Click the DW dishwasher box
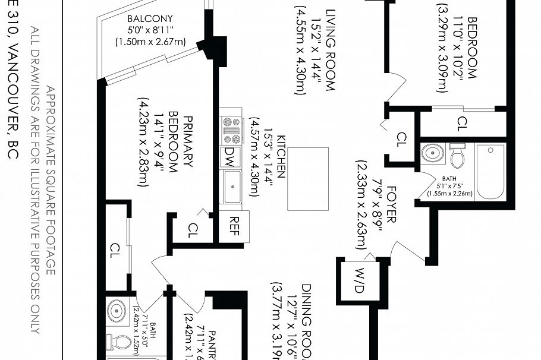(x=230, y=156)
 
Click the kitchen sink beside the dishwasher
(x=231, y=187)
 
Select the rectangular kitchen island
(x=307, y=178)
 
